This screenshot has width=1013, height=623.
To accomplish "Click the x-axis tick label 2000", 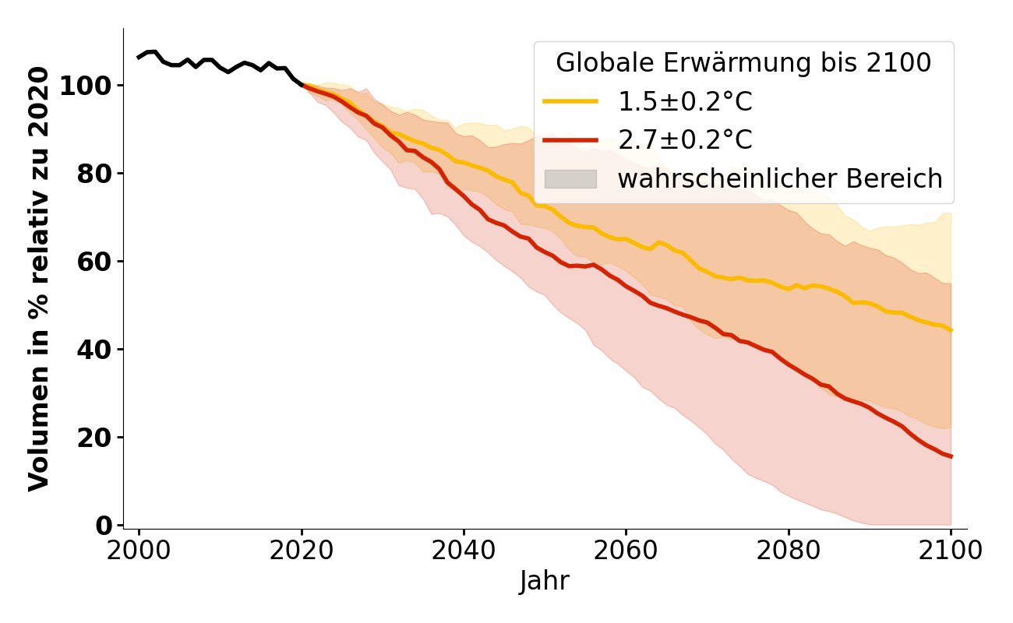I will pos(139,551).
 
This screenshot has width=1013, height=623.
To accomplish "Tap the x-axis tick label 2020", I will pos(301,551).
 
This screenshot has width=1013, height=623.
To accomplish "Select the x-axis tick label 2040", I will pos(464,551).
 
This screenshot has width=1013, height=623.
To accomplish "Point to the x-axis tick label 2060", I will pos(626,551).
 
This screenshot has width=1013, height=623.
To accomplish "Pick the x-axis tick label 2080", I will pos(788,551).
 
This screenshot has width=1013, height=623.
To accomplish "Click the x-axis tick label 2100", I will pos(950,551).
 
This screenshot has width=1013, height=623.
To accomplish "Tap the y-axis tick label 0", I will pos(104,526).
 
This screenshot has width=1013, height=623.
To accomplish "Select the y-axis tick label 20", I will pos(94,438).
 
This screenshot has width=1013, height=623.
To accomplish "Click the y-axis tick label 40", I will pos(94,350).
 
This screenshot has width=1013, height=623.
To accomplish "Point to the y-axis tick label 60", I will pos(94,262).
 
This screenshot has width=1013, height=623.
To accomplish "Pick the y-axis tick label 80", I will pos(94,174).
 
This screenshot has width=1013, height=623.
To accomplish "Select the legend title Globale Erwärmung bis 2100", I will pos(743,64).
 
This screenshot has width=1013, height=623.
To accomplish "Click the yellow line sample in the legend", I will pos(570,101).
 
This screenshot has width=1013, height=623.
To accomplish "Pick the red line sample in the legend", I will pos(570,140).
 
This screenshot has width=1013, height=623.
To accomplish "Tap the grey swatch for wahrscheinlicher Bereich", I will pos(570,179).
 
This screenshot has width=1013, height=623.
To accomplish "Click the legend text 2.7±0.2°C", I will pos(685,140).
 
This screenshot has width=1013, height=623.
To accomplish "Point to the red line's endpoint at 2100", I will pos(951,456).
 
